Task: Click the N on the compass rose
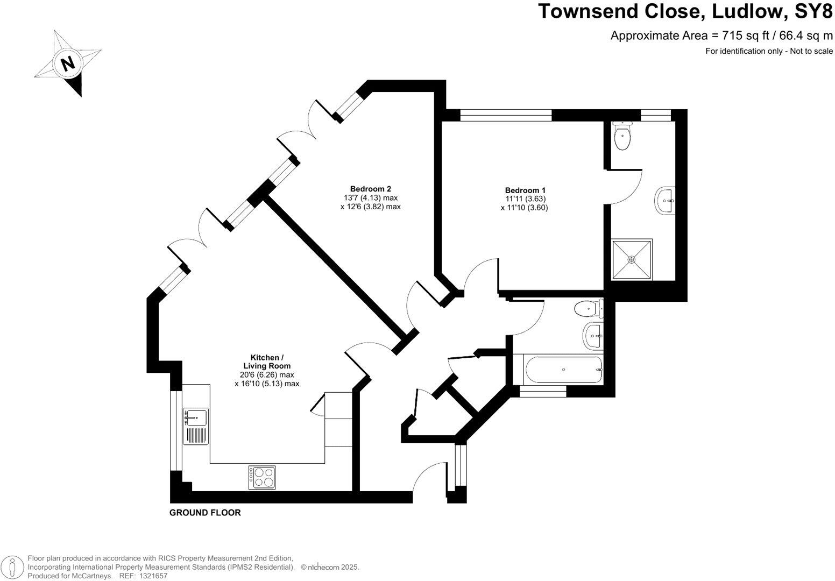tap(68, 63)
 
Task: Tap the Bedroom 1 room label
tap(525, 190)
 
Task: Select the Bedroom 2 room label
tap(371, 189)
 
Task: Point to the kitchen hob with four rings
tap(262, 477)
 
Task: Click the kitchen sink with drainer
tap(196, 426)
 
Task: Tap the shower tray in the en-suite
tap(632, 259)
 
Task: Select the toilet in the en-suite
tap(622, 137)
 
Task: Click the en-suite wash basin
tap(665, 201)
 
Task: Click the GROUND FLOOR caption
tap(205, 513)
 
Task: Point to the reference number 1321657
tap(153, 576)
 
